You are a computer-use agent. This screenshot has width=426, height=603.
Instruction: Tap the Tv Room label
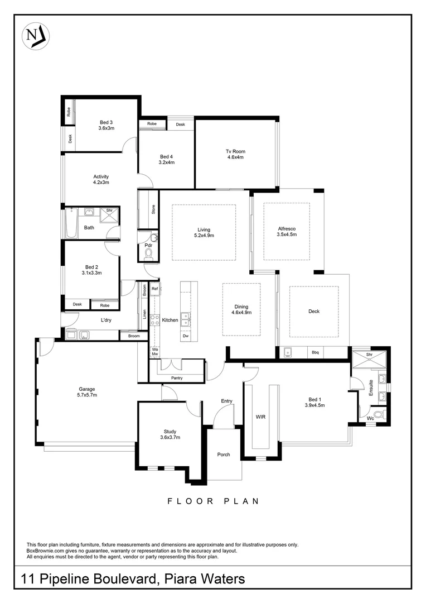(235, 154)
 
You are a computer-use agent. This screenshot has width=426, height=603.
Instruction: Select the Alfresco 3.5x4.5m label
(287, 232)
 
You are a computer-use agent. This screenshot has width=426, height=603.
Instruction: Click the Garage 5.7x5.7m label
(87, 392)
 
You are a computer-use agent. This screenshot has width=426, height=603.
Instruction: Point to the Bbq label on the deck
(314, 352)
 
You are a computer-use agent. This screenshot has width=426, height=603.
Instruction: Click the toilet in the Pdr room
(148, 254)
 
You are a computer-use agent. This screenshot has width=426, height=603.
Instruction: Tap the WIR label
(260, 417)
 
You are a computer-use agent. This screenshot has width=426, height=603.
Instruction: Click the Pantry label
(177, 379)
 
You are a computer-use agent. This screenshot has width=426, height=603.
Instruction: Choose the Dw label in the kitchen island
(186, 337)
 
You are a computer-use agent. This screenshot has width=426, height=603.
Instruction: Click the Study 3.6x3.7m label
(170, 434)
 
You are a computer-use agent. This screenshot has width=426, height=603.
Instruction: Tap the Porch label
(224, 454)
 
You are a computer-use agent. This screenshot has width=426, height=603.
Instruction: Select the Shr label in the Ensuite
(369, 355)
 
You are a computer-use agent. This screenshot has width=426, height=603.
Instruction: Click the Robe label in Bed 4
(152, 124)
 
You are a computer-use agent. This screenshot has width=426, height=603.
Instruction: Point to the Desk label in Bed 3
(70, 139)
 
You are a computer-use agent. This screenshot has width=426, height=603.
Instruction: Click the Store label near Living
(153, 209)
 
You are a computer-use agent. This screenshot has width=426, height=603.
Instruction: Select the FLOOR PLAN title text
(213, 501)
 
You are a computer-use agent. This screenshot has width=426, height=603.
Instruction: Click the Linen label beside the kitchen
(144, 314)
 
